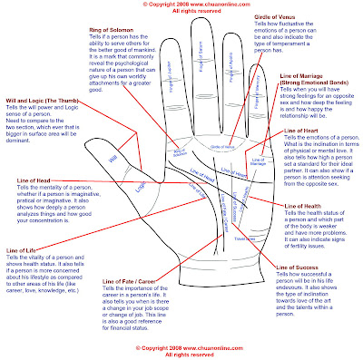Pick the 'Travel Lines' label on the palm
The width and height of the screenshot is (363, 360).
point(240,238)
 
